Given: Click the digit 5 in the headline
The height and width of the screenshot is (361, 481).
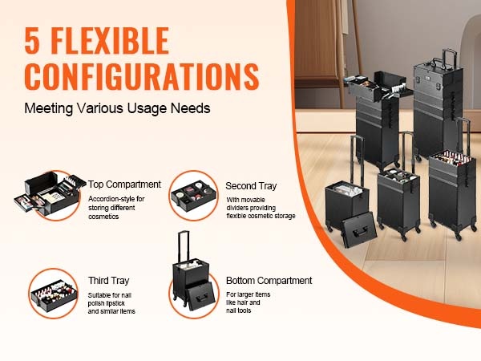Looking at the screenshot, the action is point(32,41).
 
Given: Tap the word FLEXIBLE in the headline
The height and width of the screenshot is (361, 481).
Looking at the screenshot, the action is point(110,41).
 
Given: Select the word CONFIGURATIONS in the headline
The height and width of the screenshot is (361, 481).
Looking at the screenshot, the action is point(142,76).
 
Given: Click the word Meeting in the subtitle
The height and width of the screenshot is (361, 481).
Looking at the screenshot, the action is point(49,108).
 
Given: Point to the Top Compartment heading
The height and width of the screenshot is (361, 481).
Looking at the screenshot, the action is point(124,185).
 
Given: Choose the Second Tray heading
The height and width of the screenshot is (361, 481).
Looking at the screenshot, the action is point(251,186).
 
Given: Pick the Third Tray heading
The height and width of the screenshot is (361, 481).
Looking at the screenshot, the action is point(108,281).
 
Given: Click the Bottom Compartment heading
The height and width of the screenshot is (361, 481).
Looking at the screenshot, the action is point(269,280).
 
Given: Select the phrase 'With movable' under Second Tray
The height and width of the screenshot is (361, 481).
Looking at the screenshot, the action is point(246,200).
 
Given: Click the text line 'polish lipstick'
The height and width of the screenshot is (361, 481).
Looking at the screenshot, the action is point(106,303).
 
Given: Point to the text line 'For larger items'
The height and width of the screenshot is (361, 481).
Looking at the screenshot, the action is point(249,294).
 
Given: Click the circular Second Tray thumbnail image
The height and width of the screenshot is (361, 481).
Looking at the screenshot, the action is point(193,196).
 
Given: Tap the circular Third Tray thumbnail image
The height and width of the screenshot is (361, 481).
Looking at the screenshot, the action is point(54,294).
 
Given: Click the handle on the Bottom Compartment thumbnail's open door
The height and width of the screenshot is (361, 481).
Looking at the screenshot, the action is point(202,297).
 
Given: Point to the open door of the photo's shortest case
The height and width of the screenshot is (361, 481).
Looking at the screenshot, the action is point(359,229).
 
